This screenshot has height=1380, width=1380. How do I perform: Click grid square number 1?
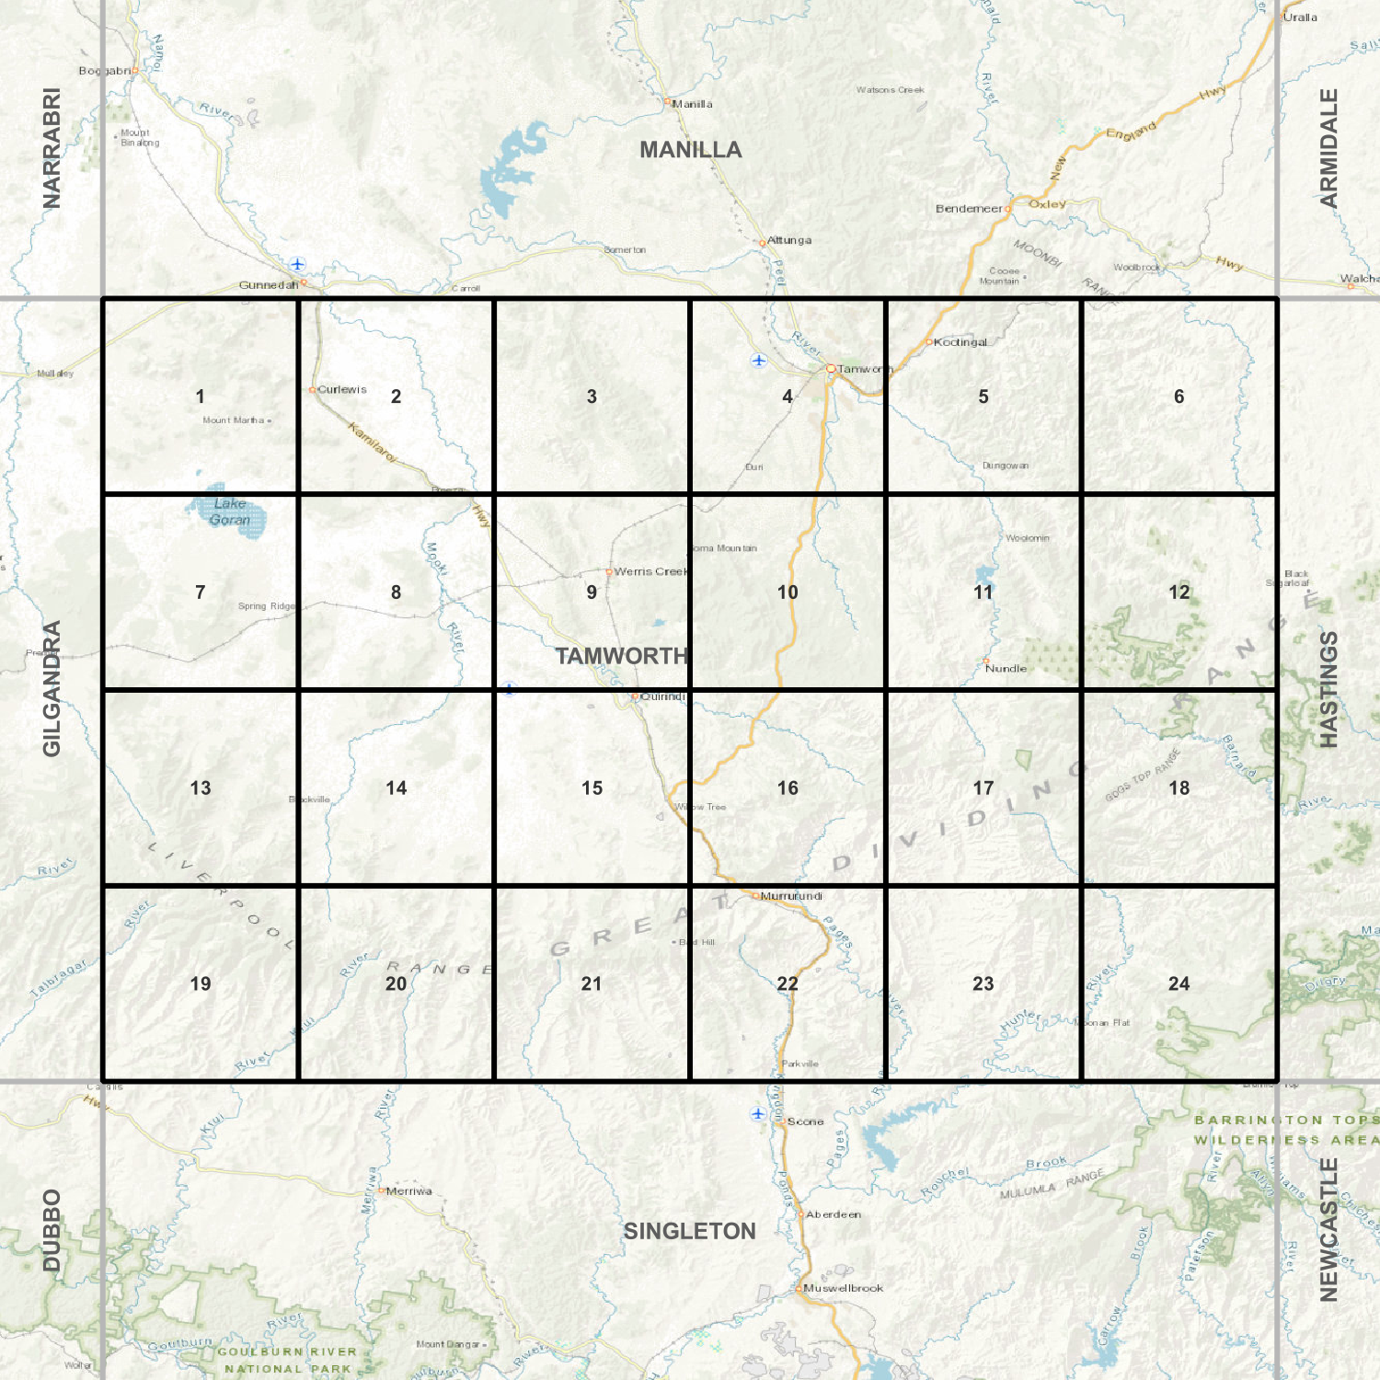200,397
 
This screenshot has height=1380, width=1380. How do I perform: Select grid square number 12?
1179,592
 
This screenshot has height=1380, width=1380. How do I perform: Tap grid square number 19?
200,983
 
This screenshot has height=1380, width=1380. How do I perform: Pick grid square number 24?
1179,983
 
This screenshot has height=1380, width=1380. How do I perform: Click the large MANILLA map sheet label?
690,150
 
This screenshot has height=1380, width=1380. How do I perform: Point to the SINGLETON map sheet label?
690,1231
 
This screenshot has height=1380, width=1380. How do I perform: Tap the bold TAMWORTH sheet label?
622,656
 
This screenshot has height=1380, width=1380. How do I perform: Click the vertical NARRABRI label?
52,148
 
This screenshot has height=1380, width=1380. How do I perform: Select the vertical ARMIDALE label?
1328,148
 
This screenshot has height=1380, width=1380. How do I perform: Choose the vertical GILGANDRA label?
52,689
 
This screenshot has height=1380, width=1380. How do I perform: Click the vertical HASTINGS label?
1328,689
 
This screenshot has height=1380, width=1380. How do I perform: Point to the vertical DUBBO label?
52,1230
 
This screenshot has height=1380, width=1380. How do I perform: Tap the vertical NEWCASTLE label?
1328,1230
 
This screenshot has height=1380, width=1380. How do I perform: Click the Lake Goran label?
230,512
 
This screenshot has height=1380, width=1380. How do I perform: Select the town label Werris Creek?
650,571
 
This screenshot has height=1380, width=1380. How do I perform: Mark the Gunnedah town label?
268,285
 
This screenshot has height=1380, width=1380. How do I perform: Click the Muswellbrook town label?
843,1288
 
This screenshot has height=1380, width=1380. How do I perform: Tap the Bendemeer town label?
969,209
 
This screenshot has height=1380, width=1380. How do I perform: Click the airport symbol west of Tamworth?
758,360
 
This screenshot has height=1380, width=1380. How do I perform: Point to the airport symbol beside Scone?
757,1113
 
